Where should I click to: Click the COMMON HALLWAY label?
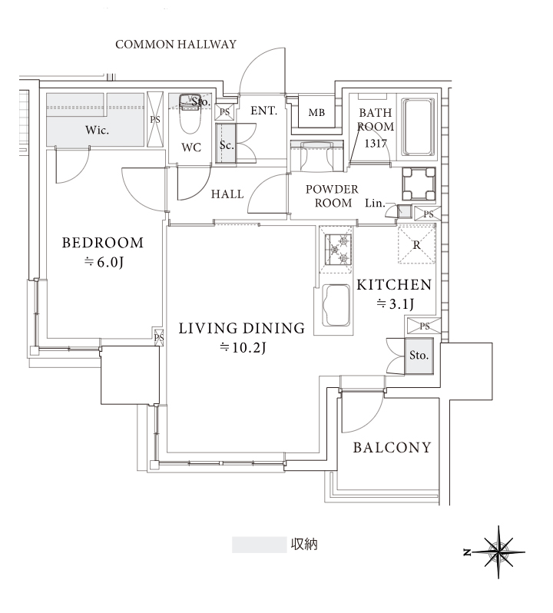pos(176,45)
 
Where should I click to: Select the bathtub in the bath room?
pos(418,127)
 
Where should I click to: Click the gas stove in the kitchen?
pos(336,249)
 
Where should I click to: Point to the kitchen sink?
pos(336,305)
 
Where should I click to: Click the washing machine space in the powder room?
pos(419,184)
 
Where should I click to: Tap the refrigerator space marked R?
pos(416,244)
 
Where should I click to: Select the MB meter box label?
pos(316,113)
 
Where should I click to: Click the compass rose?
pos(498,552)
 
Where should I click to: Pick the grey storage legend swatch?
pos(259,545)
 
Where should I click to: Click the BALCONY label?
pos(392,447)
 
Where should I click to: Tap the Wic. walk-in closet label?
pos(97,130)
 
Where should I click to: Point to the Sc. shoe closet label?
pos(227,145)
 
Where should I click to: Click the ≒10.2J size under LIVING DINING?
pos(242,347)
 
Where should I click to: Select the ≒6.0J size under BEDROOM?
pos(104,262)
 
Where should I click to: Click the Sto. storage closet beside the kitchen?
pos(419,356)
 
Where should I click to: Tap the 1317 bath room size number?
pos(376,144)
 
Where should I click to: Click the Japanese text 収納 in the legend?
pos(304,544)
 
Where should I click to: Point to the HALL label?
pos(227,194)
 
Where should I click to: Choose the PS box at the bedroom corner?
pos(159,336)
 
